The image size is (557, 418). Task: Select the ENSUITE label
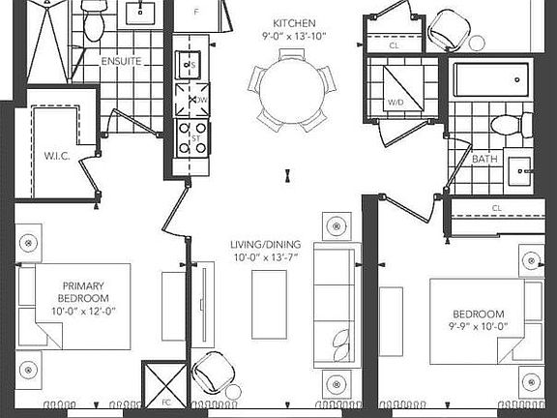pos(121,62)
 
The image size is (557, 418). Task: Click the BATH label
pos(485,159)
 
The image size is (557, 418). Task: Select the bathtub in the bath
pos(492,80)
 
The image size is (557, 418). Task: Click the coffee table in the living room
pos(268,304)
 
